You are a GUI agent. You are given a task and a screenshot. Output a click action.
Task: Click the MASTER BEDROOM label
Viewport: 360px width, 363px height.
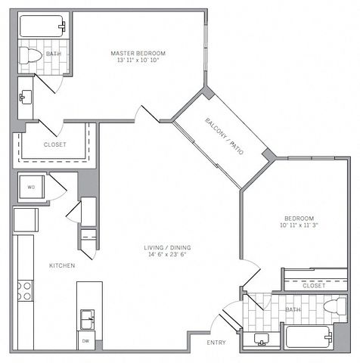tap(138, 53)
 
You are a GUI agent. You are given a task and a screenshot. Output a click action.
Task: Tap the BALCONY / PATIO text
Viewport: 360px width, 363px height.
tap(225, 136)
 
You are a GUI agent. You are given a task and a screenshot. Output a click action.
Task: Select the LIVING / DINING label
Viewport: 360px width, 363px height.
tap(167, 247)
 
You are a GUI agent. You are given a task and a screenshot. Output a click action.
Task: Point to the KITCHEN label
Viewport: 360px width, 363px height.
tap(62, 265)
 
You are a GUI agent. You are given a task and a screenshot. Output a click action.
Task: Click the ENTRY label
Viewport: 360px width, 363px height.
tap(216, 343)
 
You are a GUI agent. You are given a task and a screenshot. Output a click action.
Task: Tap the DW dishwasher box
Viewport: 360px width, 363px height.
tap(86, 341)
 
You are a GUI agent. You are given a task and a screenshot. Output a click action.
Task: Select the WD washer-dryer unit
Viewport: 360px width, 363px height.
tap(32, 187)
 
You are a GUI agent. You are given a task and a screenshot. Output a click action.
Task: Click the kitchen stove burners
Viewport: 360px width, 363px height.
tap(25, 290)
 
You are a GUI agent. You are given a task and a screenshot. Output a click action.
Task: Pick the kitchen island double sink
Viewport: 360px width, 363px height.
tap(87, 319)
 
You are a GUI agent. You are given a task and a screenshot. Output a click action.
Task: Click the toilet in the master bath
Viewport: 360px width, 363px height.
tap(30, 55)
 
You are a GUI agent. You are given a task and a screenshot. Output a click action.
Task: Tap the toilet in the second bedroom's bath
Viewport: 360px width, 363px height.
tap(335, 306)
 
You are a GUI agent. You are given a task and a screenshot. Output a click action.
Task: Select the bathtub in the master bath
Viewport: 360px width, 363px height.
tap(42, 26)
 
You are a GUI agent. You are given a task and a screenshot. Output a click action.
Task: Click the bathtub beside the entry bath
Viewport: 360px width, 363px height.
tap(309, 337)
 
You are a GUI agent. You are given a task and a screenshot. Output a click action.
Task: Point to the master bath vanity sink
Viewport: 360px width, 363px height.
tap(26, 97)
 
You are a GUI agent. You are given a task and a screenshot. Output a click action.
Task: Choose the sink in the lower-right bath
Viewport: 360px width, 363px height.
tap(262, 339)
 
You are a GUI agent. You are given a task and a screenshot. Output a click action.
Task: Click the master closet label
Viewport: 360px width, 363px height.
tap(55, 144)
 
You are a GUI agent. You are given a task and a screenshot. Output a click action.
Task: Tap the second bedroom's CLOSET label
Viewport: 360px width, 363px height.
tap(314, 286)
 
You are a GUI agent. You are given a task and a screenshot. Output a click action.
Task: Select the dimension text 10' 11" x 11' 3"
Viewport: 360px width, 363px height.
tap(299, 225)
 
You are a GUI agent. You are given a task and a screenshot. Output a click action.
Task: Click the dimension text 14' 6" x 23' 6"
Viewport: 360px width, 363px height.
tap(167, 254)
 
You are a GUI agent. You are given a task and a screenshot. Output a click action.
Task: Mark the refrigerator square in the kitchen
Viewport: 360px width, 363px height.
tap(26, 220)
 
